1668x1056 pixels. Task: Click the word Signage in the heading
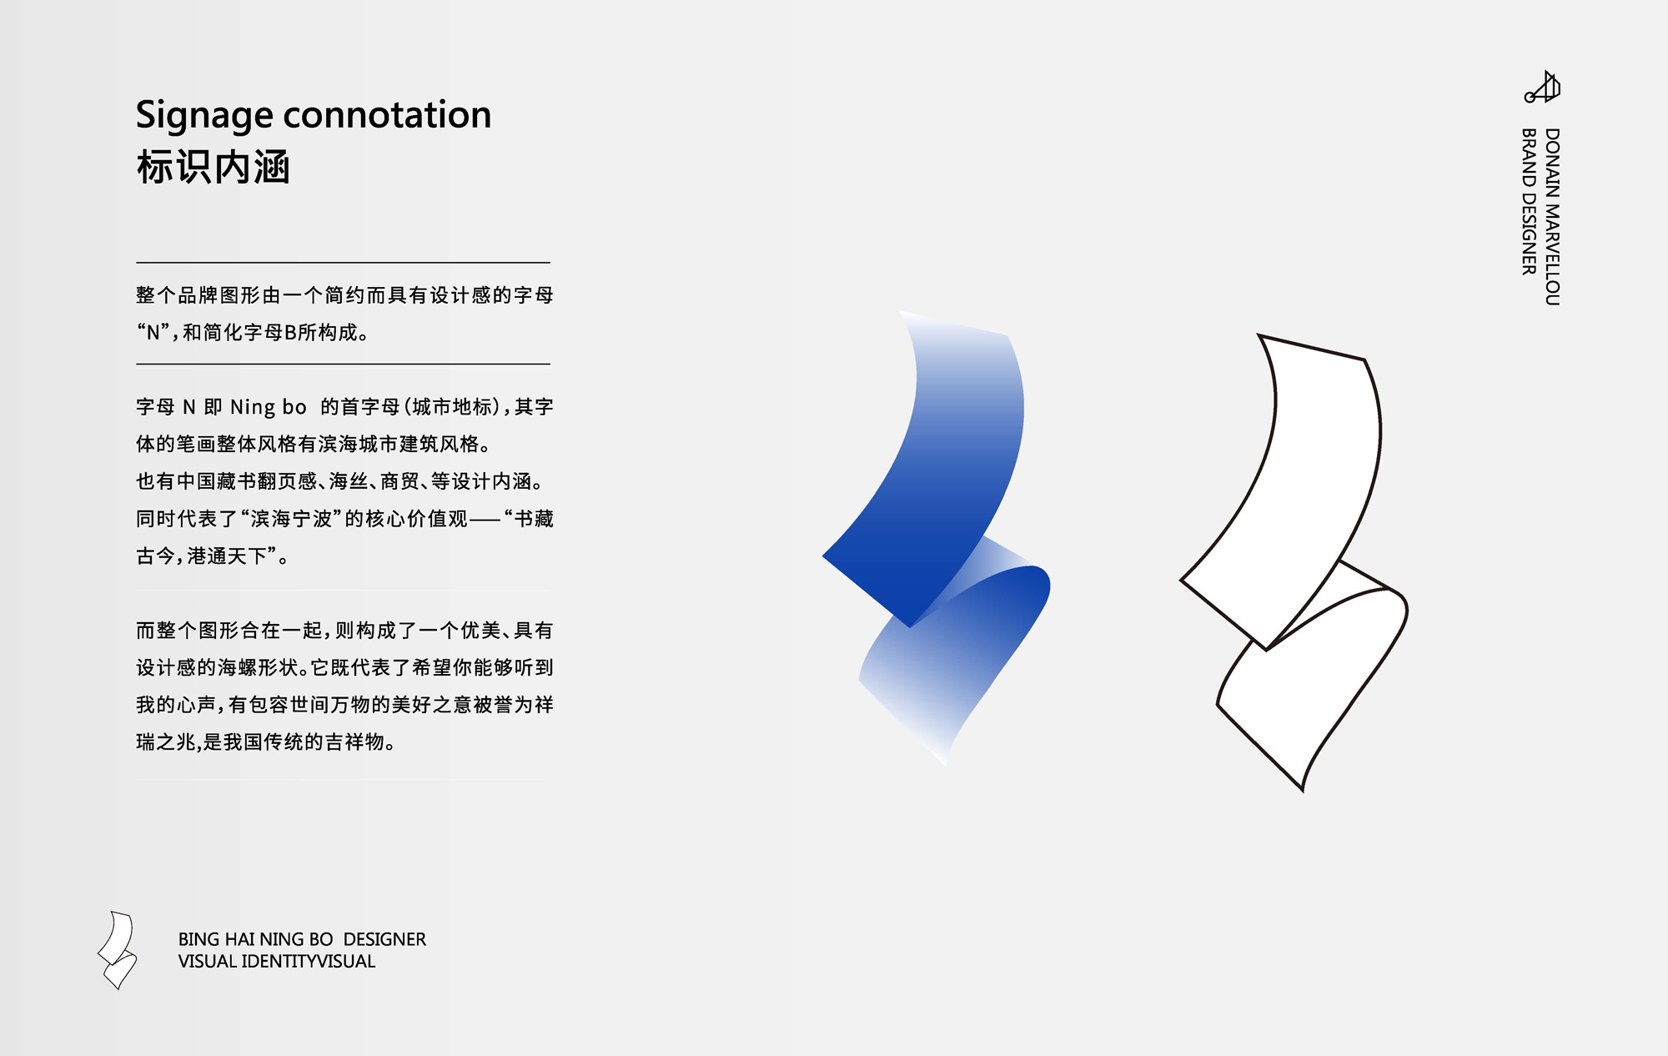pos(204,116)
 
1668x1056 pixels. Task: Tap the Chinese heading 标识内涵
pos(213,168)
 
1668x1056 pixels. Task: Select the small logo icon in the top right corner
pos(1542,87)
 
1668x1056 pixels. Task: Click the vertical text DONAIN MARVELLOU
pos(1551,217)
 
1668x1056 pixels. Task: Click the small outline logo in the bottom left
pos(117,950)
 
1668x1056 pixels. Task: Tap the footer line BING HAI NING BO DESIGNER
pos(302,939)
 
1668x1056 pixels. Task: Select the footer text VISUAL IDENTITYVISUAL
pos(277,961)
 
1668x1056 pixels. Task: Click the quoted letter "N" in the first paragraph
pos(153,333)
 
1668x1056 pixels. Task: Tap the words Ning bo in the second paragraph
pos(269,408)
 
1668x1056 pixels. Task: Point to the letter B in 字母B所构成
pos(290,333)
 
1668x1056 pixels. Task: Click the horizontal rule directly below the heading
pos(343,262)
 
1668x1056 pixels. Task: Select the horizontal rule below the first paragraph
pos(343,364)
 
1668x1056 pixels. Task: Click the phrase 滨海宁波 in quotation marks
pos(291,519)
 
